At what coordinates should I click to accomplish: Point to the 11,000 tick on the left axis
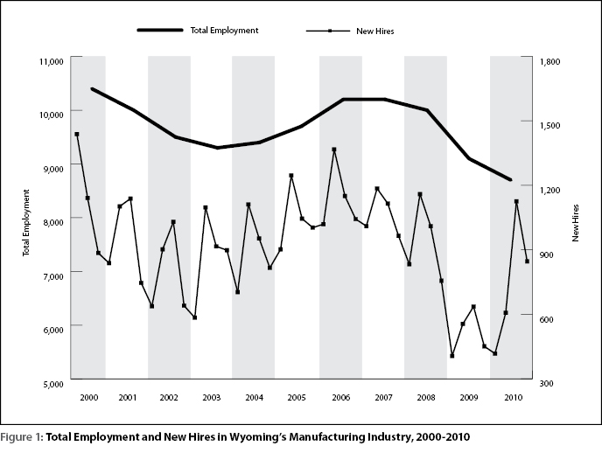pos(51,61)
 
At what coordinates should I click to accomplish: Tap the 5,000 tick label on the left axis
pos(52,384)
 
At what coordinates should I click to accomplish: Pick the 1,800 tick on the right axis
pos(549,61)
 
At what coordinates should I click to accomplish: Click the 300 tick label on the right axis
pos(546,384)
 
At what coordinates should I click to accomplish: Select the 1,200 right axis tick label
pos(549,191)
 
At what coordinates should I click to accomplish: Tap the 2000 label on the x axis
pos(88,397)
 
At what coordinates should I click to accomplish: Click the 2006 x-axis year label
pos(340,397)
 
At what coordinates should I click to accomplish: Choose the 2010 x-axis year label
pos(514,397)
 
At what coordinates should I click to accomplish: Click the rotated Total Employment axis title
pos(25,222)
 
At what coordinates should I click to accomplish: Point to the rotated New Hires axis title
pos(575,223)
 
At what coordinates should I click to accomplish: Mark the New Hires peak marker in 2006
pos(334,150)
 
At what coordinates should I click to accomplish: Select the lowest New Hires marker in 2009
pos(451,356)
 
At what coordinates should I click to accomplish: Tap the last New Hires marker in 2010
pos(527,261)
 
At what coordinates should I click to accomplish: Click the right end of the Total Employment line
pos(511,179)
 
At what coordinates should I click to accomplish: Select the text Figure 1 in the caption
pos(22,437)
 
